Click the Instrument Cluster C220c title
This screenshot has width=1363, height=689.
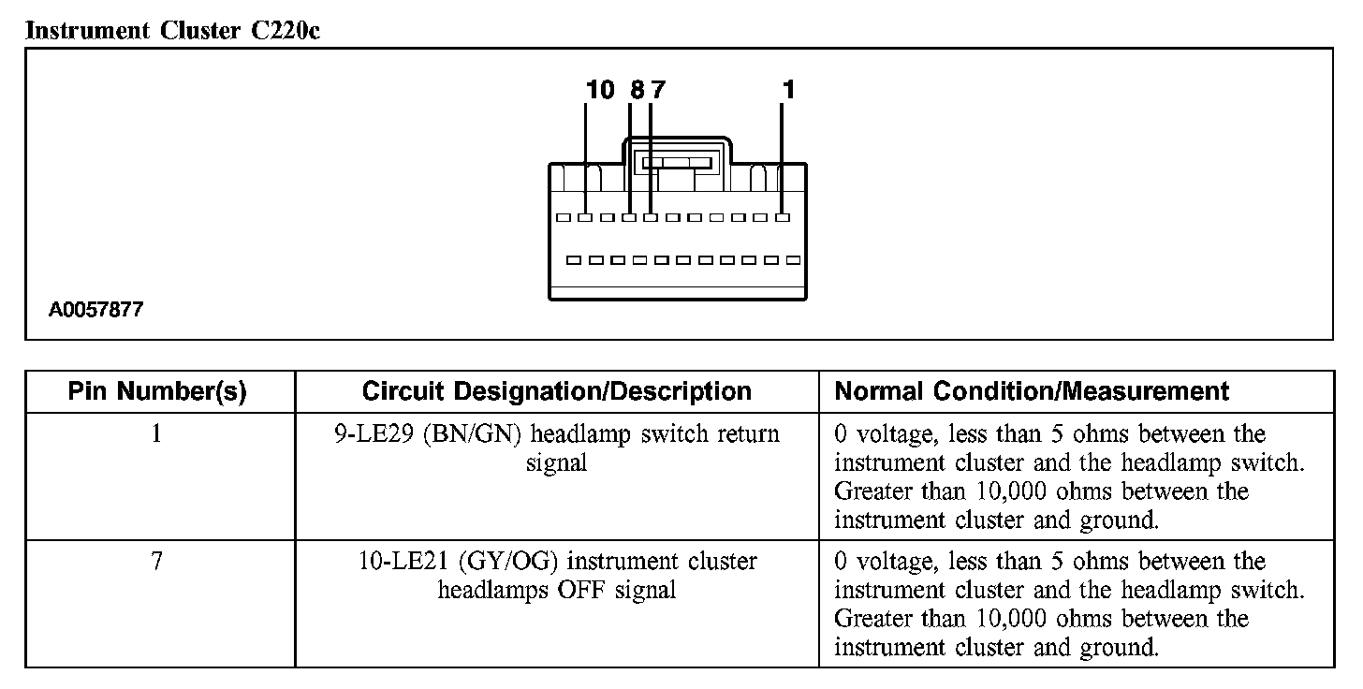[x=174, y=31]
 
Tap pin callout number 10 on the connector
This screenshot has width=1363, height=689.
[x=600, y=90]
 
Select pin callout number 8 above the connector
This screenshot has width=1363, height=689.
[x=637, y=90]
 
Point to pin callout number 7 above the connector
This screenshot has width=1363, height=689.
[x=657, y=90]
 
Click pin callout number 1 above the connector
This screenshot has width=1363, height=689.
[x=788, y=90]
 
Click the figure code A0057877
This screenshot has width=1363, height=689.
[x=96, y=309]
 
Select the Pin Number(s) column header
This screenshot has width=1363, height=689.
[x=157, y=391]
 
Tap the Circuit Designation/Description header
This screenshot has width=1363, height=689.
[x=556, y=391]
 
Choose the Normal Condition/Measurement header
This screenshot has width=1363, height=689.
[x=1032, y=391]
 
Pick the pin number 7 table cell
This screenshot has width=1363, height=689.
[x=157, y=563]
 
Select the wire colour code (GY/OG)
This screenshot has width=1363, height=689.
[x=509, y=563]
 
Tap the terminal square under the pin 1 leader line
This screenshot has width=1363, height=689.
[x=783, y=218]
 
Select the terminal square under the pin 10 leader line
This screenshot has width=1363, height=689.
[x=585, y=218]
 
